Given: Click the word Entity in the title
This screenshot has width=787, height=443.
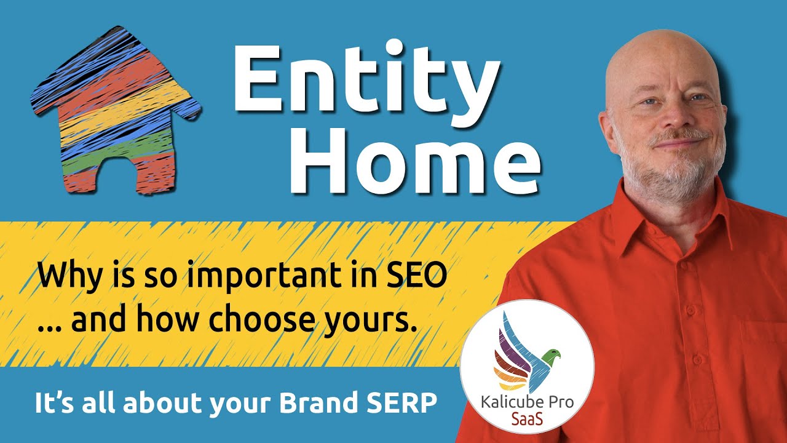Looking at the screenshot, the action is click(x=366, y=79).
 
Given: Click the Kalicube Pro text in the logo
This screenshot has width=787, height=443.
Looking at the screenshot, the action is click(x=527, y=402).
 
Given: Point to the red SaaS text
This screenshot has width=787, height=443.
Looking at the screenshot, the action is click(x=527, y=418).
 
